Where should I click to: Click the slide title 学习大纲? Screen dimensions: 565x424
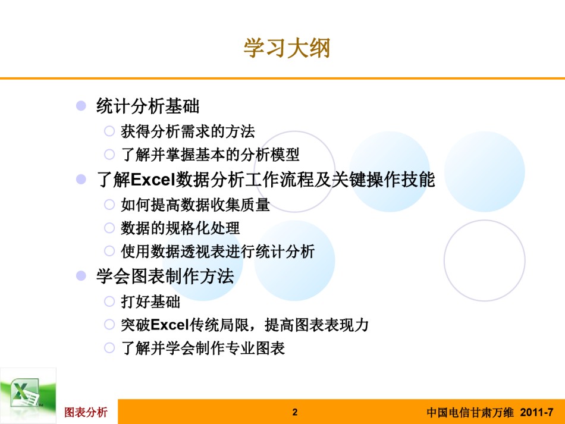pyautogui.click(x=287, y=48)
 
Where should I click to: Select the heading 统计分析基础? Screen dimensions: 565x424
pyautogui.click(x=147, y=106)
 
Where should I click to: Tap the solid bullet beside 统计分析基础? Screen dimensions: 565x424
pyautogui.click(x=81, y=105)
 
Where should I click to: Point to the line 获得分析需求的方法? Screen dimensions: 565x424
pyautogui.click(x=188, y=131)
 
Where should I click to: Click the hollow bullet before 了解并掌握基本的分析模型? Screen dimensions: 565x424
pyautogui.click(x=109, y=155)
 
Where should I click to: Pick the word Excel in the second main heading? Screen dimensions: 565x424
pyautogui.click(x=152, y=180)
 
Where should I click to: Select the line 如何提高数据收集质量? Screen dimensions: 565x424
pyautogui.click(x=195, y=205)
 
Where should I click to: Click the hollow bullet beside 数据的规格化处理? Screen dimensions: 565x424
pyautogui.click(x=109, y=228)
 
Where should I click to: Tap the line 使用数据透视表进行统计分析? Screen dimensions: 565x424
pyautogui.click(x=218, y=252)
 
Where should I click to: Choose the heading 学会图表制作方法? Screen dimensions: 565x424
pyautogui.click(x=165, y=277)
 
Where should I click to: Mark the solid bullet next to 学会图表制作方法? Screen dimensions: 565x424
pyautogui.click(x=81, y=276)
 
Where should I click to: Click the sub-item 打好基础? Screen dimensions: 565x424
pyautogui.click(x=150, y=301)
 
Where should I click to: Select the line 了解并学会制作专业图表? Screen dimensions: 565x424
pyautogui.click(x=203, y=348)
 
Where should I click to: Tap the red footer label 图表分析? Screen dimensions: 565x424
pyautogui.click(x=86, y=412)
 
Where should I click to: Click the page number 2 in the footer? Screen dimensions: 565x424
pyautogui.click(x=295, y=412)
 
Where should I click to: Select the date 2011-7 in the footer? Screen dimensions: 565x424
pyautogui.click(x=536, y=412)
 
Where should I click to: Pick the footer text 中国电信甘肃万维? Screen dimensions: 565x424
pyautogui.click(x=470, y=412)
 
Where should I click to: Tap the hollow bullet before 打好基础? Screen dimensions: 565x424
pyautogui.click(x=109, y=301)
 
